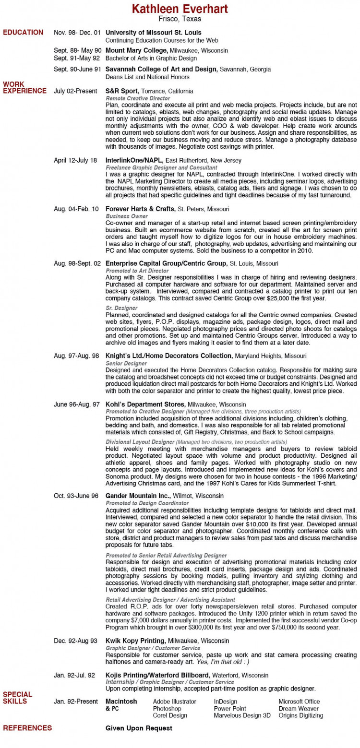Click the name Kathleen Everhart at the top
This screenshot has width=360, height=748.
point(180,9)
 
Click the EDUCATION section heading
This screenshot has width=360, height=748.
point(23,33)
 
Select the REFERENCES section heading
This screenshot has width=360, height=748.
point(27,728)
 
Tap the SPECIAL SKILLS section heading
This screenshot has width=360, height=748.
point(18,698)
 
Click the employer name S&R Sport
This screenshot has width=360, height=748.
point(122,91)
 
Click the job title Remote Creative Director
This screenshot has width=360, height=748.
point(138,98)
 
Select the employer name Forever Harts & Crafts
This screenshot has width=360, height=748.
point(141,209)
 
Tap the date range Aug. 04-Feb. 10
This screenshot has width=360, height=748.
point(77,209)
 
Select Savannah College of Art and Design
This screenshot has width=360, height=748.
point(161,69)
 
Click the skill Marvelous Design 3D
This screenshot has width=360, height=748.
point(242,715)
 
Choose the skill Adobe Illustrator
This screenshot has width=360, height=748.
point(175,701)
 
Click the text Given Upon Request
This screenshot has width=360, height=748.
point(139,728)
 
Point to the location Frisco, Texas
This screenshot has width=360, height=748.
point(180,19)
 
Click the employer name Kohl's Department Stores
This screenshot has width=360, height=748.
point(145,404)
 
